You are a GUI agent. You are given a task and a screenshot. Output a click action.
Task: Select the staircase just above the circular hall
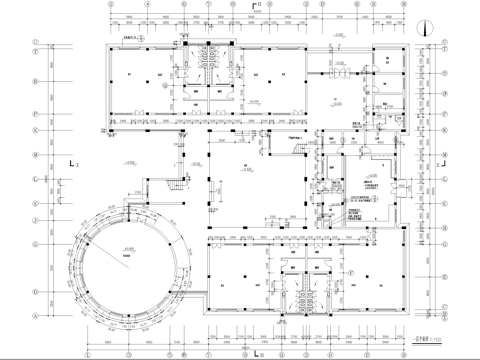pos(176,184)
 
